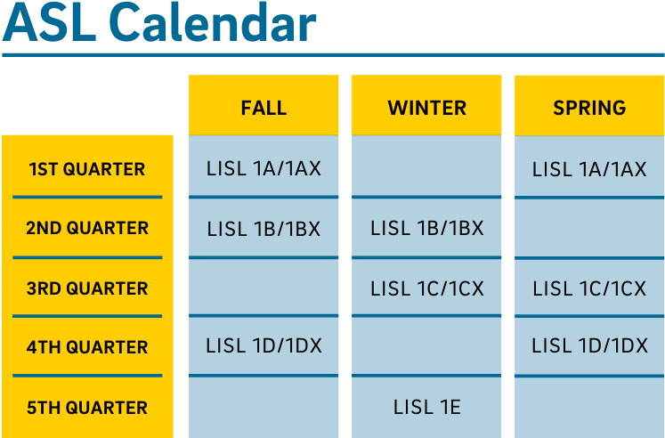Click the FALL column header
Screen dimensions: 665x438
pos(264,108)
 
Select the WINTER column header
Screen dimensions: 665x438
pos(426,108)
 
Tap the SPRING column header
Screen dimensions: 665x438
pos(589,108)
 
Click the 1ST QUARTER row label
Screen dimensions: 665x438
pos(87,169)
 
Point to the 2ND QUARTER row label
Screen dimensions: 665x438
pos(87,228)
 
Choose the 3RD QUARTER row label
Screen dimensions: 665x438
pos(87,288)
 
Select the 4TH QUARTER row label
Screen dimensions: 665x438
pos(87,347)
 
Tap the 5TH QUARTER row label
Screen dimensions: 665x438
pos(87,408)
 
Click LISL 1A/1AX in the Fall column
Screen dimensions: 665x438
pos(264,168)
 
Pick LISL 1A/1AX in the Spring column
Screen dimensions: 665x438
pos(589,169)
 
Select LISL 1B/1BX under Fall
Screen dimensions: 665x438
pos(264,229)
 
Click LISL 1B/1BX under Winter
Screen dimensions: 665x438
pos(426,228)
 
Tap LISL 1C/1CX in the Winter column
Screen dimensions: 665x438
pos(426,288)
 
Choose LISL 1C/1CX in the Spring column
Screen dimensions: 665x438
pos(589,288)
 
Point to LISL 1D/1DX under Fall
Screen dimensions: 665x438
pos(264,345)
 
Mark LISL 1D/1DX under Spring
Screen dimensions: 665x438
pos(589,345)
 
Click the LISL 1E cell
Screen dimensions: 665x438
pos(426,407)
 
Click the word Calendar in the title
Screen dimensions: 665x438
pos(215,22)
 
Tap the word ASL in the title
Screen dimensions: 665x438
pos(49,22)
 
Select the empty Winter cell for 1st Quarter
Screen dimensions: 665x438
pos(426,166)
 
